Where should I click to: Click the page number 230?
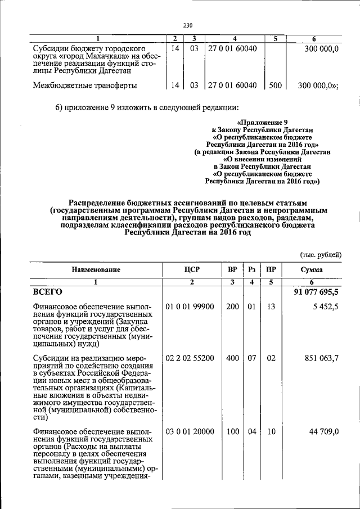click(187, 25)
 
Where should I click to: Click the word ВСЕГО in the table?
click(47, 292)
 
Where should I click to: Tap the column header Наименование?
click(96, 270)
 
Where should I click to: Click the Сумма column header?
click(311, 270)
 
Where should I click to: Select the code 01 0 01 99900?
click(190, 307)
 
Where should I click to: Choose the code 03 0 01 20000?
click(190, 431)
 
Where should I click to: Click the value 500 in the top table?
click(275, 85)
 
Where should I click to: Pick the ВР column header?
click(232, 270)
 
